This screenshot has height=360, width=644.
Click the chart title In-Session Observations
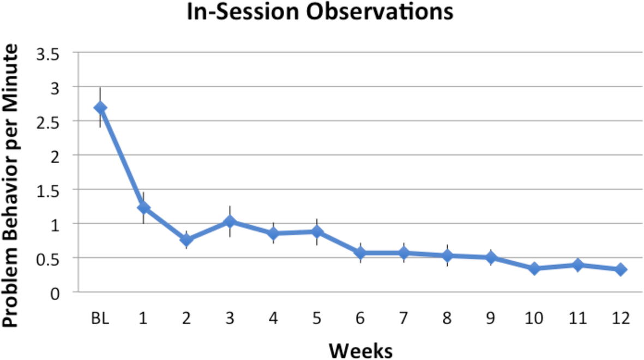(320, 12)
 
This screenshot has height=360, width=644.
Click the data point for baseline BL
(100, 108)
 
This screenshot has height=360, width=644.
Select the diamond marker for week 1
(143, 208)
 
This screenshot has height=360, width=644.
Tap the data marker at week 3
(230, 221)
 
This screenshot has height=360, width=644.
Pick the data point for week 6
(360, 253)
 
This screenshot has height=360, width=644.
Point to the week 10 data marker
(534, 268)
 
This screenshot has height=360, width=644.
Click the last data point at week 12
(621, 269)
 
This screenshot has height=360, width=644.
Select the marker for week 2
(186, 239)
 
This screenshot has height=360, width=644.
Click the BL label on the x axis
(100, 319)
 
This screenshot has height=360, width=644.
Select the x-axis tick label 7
(404, 319)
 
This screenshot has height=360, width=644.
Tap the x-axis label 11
(577, 319)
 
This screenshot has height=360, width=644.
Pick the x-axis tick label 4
(274, 319)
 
